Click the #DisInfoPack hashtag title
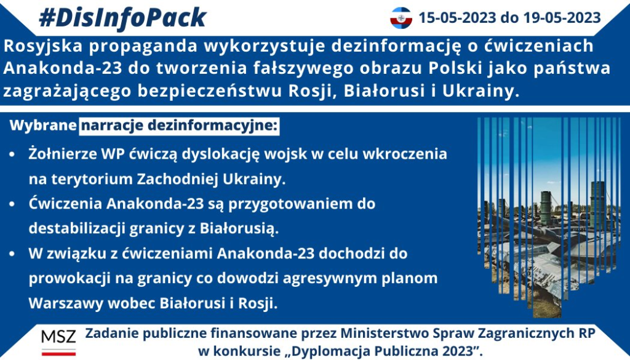pos(122,18)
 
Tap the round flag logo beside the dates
pos(401,18)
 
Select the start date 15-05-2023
pos(457,18)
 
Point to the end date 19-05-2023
pos(562,18)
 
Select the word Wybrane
pos(43,126)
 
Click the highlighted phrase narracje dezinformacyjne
pos(179,126)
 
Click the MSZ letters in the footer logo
pos(58,337)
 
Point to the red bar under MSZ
pos(58,353)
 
